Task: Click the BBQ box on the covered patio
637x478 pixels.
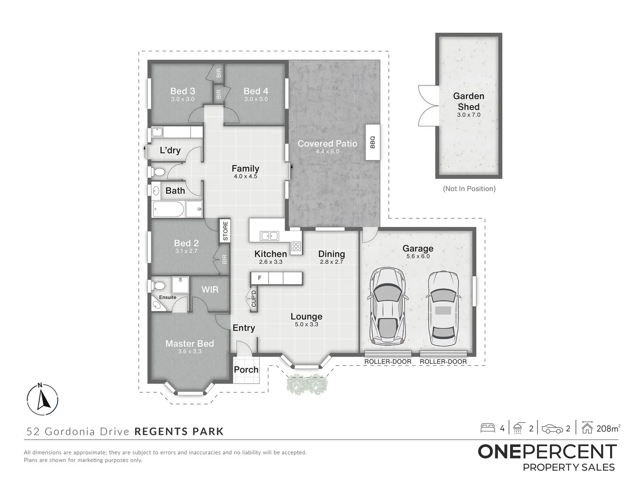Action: pos(372,142)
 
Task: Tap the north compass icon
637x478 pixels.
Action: pos(43,399)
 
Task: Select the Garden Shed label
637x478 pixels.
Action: pos(468,101)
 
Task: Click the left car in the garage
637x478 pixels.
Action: pos(388,306)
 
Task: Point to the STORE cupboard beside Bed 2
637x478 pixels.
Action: pos(225,231)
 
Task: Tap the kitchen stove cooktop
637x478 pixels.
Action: pos(296,246)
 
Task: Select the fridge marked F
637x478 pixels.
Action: pos(260,278)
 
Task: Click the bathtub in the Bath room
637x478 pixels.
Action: pos(168,209)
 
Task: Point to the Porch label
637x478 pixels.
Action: pos(246,370)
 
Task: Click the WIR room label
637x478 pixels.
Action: pos(210,289)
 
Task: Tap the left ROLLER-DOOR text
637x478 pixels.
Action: pos(388,362)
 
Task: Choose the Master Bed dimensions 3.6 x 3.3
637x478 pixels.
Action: pos(190,351)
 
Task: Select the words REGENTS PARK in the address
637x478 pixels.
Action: pos(179,431)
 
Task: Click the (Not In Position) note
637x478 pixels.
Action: pos(469,189)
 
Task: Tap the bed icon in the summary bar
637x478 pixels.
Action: pos(487,428)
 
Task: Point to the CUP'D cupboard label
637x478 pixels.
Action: pos(253,299)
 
